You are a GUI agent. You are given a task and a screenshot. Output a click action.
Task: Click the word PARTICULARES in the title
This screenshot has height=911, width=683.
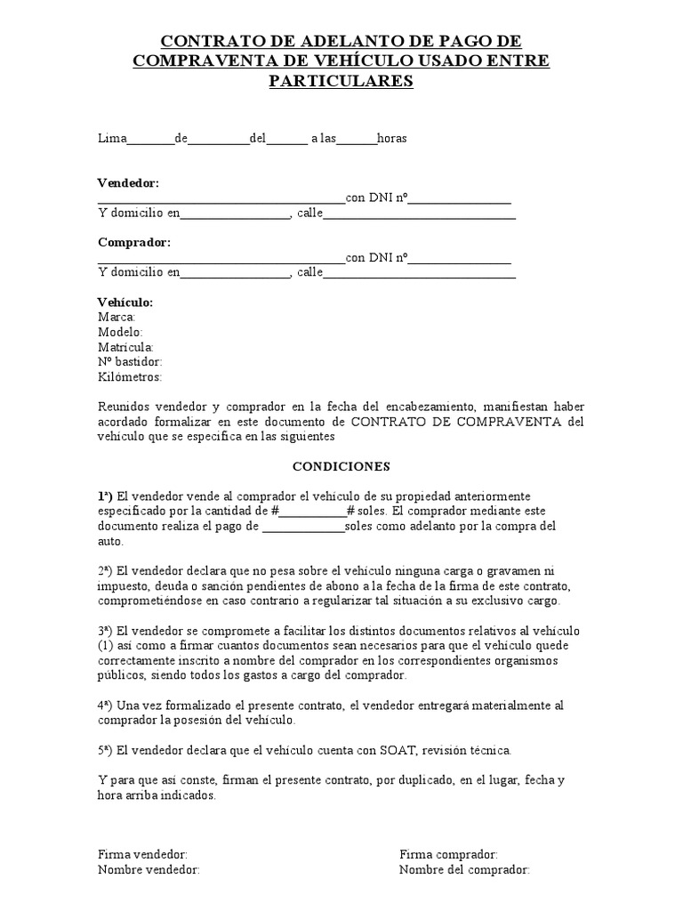(341, 81)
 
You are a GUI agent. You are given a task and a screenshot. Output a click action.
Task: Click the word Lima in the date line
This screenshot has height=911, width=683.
(112, 139)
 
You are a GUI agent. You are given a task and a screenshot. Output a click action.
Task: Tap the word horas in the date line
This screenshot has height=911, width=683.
(392, 139)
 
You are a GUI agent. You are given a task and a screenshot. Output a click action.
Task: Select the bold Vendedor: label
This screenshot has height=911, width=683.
(128, 182)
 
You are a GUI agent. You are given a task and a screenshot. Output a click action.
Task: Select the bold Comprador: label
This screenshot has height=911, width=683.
(134, 242)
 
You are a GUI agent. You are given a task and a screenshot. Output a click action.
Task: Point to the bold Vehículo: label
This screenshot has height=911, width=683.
(125, 302)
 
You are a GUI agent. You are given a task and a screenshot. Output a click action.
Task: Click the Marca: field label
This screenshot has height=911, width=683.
(117, 317)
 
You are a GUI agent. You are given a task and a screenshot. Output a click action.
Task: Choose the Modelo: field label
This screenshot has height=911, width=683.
(120, 332)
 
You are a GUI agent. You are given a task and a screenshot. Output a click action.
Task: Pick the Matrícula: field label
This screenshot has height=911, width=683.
(125, 347)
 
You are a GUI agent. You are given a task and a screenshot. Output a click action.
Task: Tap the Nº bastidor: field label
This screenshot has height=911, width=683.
(130, 362)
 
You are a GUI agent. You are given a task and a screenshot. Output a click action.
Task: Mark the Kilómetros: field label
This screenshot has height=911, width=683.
(130, 377)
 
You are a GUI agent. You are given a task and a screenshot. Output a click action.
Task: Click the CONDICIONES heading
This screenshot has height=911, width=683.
(341, 465)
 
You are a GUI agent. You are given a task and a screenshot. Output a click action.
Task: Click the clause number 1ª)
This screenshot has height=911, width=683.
(106, 496)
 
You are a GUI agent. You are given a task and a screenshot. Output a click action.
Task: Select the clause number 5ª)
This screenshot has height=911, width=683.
(106, 750)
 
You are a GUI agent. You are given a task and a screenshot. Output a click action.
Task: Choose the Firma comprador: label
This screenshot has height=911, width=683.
(448, 854)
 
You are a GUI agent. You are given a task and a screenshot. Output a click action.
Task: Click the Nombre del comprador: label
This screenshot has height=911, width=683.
(464, 869)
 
